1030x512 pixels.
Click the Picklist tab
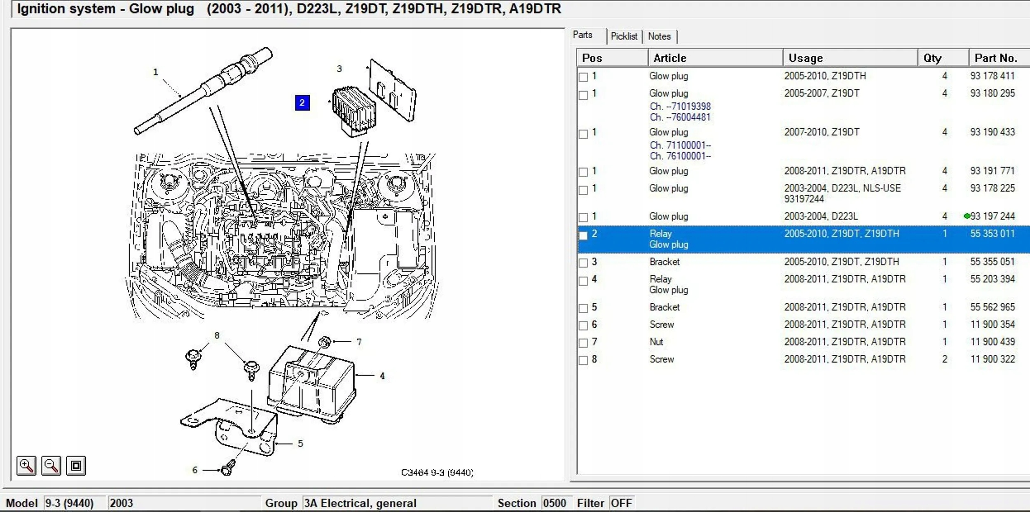tap(624, 36)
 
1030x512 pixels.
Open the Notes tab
tap(659, 36)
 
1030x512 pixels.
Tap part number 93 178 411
tap(992, 76)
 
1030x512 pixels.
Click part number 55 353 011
tap(992, 234)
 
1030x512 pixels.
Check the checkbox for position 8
tap(583, 361)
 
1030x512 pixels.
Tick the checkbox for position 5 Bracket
tap(583, 308)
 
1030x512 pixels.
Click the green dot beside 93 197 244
tap(967, 216)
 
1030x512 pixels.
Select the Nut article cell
tap(656, 342)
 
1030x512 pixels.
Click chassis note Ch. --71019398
tap(680, 106)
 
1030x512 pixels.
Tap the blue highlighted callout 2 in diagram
tap(302, 103)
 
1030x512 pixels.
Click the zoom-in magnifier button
tap(26, 466)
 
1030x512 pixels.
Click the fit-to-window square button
tap(76, 466)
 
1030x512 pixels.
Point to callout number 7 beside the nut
tap(359, 342)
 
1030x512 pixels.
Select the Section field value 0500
tap(554, 503)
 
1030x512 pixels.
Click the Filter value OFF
tap(621, 503)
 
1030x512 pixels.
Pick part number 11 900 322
tap(992, 359)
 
